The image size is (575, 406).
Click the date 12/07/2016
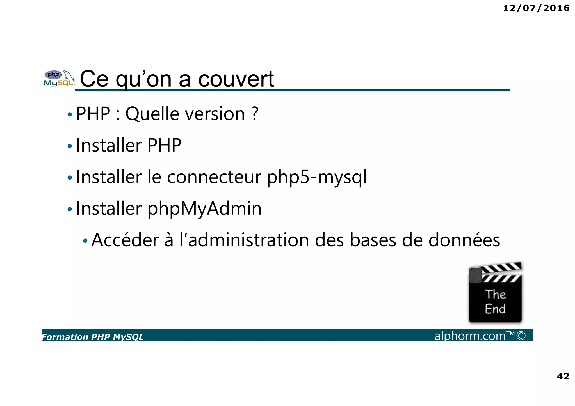tap(536, 8)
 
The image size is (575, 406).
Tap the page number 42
tap(563, 376)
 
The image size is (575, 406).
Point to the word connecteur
tap(214, 177)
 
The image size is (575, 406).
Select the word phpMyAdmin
tap(204, 209)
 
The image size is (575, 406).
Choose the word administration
tap(248, 240)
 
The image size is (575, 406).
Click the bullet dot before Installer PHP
tap(70, 146)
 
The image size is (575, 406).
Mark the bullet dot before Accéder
tap(85, 241)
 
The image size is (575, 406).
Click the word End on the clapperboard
tap(495, 309)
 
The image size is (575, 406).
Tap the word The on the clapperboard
tap(496, 294)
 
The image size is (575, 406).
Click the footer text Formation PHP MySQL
tap(92, 337)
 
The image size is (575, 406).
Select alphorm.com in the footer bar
tap(470, 336)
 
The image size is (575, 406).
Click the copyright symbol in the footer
tap(521, 336)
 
